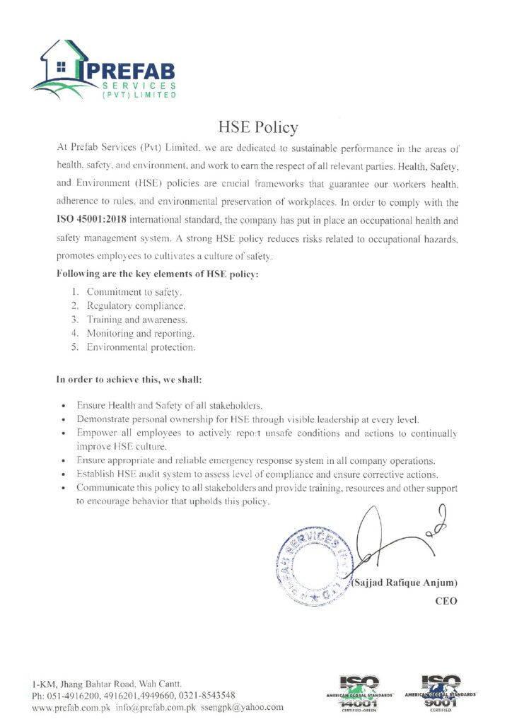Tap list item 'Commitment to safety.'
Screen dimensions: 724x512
point(134,291)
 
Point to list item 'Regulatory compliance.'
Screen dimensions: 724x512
point(136,305)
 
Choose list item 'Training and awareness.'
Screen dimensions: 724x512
point(136,320)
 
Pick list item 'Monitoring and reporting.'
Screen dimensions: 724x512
point(140,333)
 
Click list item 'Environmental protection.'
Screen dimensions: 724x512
point(141,347)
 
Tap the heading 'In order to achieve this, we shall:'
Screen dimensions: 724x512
point(129,380)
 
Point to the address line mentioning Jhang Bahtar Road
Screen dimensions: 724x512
point(107,684)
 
